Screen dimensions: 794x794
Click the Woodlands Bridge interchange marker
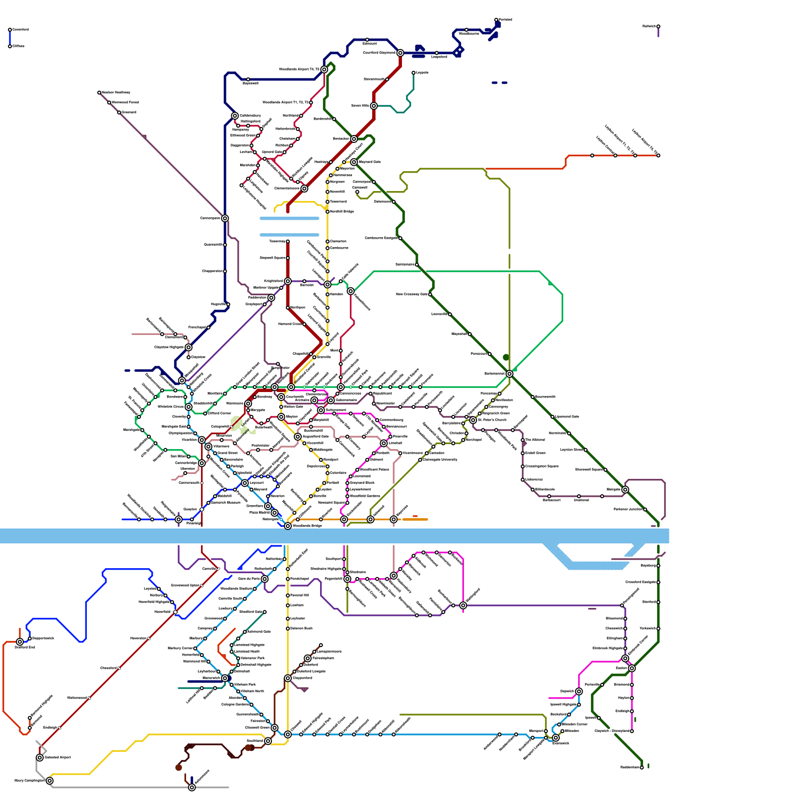(288, 526)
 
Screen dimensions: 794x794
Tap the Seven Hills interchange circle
(374, 106)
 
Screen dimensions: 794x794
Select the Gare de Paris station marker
(265, 579)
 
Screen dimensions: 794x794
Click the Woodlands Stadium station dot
(255, 589)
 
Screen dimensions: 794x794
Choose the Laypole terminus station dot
(413, 73)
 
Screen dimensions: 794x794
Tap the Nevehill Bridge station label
(342, 211)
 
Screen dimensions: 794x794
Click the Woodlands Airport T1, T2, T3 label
(285, 102)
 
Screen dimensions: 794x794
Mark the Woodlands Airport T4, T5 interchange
(324, 69)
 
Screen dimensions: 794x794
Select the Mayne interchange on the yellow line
(281, 417)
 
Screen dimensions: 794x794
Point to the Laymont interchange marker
(245, 483)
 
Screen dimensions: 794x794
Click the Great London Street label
(248, 375)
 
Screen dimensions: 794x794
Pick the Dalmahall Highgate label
(256, 664)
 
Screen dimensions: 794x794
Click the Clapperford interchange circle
(288, 678)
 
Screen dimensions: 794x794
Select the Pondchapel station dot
(288, 579)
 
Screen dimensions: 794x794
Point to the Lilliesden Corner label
(575, 724)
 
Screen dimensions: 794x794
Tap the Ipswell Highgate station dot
(579, 704)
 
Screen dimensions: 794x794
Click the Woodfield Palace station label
(375, 469)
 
